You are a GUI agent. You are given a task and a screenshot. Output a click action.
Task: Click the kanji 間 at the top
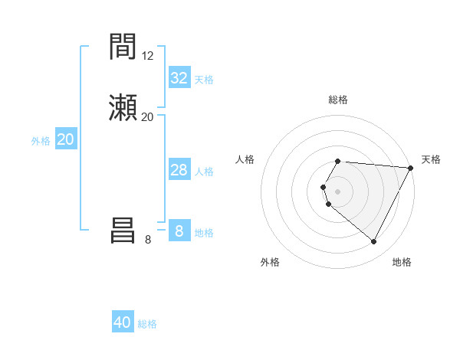[123, 48]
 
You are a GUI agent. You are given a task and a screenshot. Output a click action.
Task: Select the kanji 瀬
[123, 107]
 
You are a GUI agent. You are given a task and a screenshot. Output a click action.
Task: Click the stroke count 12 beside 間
[148, 56]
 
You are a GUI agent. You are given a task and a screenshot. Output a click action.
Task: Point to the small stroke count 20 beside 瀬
[148, 116]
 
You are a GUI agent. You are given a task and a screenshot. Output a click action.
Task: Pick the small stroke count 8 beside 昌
[148, 240]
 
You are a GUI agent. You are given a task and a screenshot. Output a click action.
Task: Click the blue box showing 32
[179, 78]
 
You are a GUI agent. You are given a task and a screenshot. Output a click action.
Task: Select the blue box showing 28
[179, 170]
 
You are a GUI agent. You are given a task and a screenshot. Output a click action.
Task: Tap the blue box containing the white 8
[179, 231]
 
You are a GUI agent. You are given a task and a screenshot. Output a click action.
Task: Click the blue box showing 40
[123, 322]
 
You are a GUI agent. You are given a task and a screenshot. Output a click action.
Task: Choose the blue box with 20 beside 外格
[66, 139]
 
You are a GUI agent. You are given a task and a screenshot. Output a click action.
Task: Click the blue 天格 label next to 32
[204, 79]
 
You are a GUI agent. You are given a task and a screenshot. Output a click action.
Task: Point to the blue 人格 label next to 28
[204, 171]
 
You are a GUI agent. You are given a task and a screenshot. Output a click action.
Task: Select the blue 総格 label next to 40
[147, 324]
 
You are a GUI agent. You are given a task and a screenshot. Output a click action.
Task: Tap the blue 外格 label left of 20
[41, 141]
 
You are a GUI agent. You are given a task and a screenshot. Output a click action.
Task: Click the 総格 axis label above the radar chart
[337, 100]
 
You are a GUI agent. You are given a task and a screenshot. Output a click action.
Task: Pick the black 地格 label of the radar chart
[402, 262]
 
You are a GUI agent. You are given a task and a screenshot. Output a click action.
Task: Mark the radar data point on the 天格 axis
[410, 168]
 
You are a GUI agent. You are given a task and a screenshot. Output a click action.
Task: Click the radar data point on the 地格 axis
[374, 242]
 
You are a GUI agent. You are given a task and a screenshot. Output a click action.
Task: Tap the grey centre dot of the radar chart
[337, 191]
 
